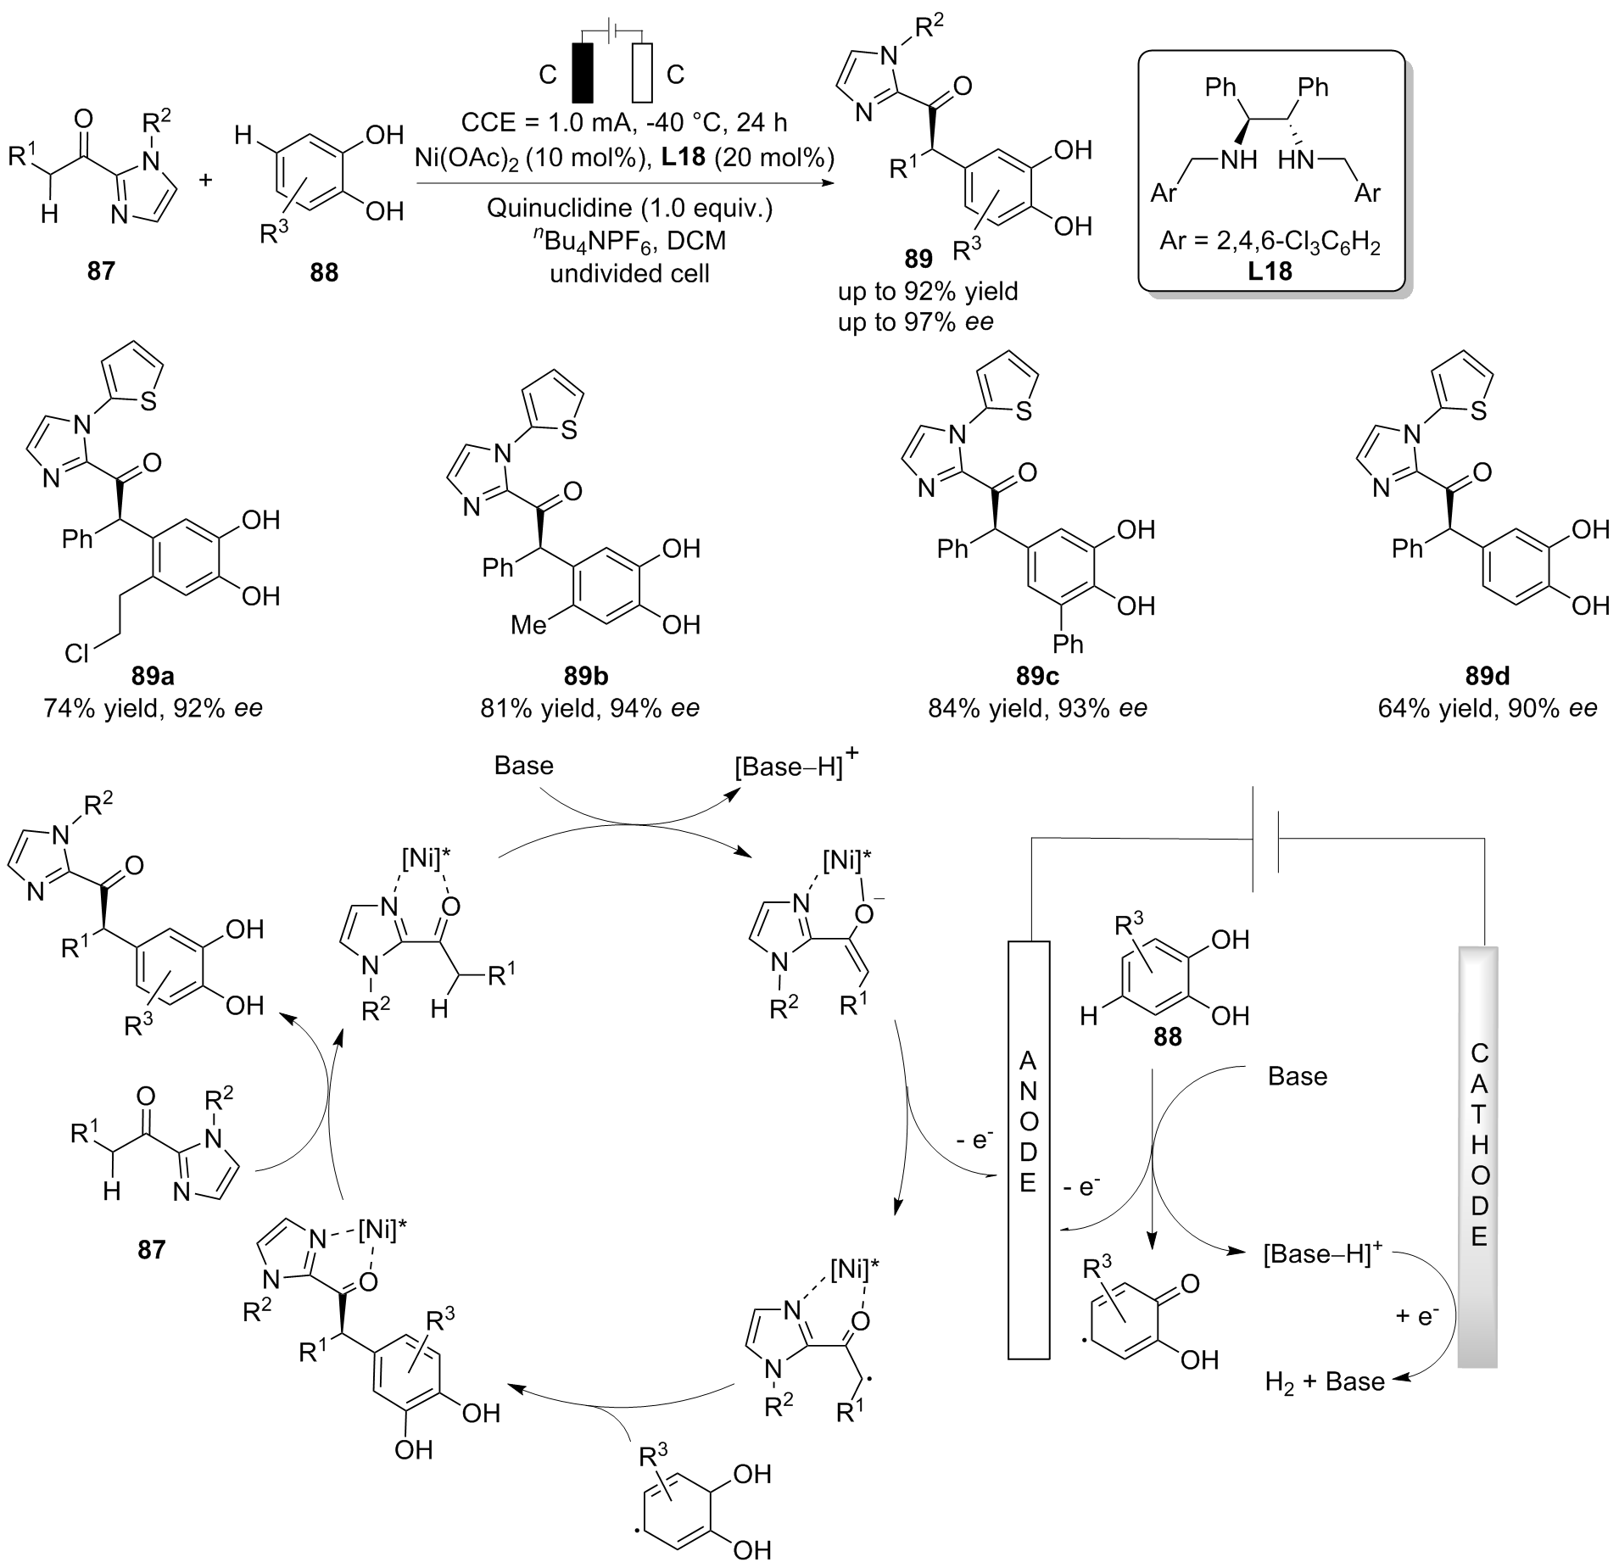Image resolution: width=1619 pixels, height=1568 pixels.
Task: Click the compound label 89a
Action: point(154,677)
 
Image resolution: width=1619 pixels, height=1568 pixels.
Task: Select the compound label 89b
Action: point(584,677)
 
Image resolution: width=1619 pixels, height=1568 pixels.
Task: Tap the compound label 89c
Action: point(1036,677)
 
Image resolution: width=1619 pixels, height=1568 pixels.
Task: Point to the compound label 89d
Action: point(1488,677)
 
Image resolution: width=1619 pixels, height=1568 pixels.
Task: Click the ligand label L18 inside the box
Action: point(1270,272)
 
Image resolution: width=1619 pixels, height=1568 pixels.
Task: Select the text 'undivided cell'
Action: point(629,273)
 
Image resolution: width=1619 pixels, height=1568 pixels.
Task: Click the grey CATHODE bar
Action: point(1478,1153)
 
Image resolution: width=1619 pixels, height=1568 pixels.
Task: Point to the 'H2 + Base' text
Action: point(1324,1382)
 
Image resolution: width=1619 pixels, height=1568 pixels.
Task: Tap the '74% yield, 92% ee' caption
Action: point(154,707)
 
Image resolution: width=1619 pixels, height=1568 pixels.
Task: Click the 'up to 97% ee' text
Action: point(915,322)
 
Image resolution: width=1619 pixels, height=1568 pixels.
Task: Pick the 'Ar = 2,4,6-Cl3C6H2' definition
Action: point(1270,245)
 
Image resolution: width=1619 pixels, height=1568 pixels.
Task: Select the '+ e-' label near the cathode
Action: point(1417,1316)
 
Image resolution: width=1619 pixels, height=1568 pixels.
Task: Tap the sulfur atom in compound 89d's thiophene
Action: point(1479,410)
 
